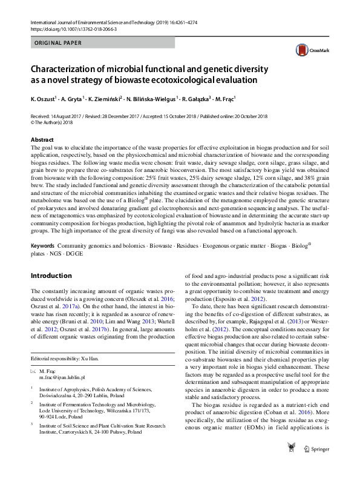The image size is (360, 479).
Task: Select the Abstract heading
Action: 42,139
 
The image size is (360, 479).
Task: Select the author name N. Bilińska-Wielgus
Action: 152,98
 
